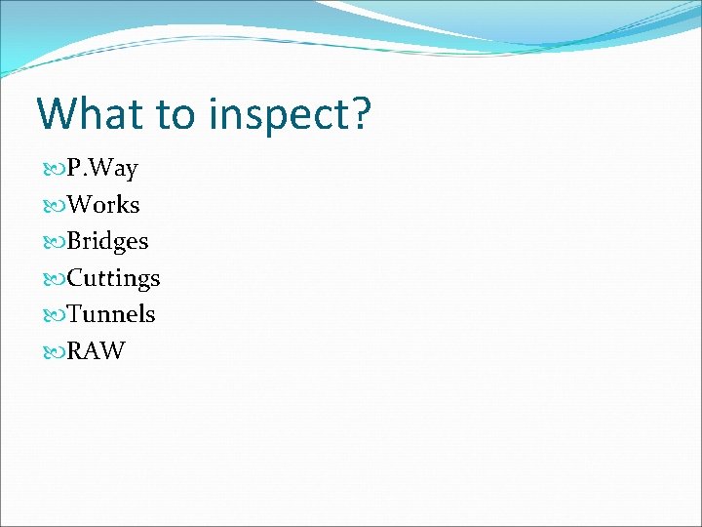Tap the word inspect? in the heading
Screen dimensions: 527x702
point(290,115)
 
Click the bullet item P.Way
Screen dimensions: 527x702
point(102,169)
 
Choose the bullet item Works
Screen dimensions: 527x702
point(103,205)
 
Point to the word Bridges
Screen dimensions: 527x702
point(107,241)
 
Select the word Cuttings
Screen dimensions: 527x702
point(113,278)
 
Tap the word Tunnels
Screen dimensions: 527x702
point(111,314)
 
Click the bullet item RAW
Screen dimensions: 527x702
point(97,350)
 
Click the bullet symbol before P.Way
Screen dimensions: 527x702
point(55,170)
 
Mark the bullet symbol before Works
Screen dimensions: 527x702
point(55,206)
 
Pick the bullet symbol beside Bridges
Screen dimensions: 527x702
point(55,242)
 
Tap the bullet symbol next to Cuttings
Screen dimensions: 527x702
point(55,278)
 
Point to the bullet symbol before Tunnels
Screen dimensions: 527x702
point(55,314)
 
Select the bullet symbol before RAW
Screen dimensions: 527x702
point(55,350)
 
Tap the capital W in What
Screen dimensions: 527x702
point(57,113)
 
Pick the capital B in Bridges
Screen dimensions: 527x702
point(75,241)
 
